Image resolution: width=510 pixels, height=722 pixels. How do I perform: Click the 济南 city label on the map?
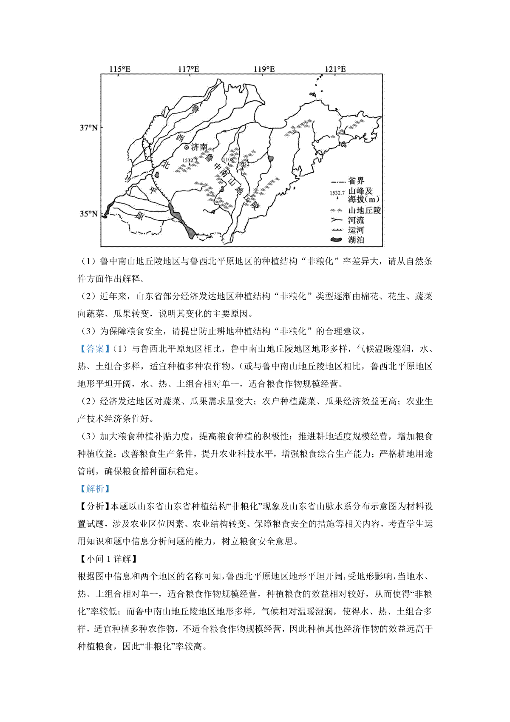pyautogui.click(x=199, y=147)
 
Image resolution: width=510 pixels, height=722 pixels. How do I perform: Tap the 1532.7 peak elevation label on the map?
pyautogui.click(x=190, y=160)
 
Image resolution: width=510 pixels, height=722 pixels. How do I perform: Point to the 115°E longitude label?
pyautogui.click(x=120, y=69)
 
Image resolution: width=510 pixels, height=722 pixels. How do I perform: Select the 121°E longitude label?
pyautogui.click(x=335, y=69)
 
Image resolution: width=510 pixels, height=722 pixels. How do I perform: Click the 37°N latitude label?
pyautogui.click(x=88, y=128)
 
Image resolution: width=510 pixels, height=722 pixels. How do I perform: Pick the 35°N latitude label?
pyautogui.click(x=88, y=214)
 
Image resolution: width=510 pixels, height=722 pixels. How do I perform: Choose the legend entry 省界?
pyautogui.click(x=356, y=181)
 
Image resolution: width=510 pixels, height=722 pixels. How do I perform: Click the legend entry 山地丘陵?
pyautogui.click(x=364, y=210)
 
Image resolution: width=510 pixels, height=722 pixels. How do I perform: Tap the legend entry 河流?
pyautogui.click(x=356, y=220)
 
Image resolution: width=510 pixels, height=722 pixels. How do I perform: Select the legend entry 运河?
pyautogui.click(x=356, y=230)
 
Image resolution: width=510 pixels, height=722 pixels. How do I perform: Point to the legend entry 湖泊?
pyautogui.click(x=356, y=240)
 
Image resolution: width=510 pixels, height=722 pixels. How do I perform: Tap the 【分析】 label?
pyautogui.click(x=93, y=506)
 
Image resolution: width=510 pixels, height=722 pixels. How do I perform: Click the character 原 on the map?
pyautogui.click(x=139, y=216)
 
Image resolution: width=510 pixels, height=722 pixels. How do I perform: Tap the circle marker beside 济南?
pyautogui.click(x=186, y=147)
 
